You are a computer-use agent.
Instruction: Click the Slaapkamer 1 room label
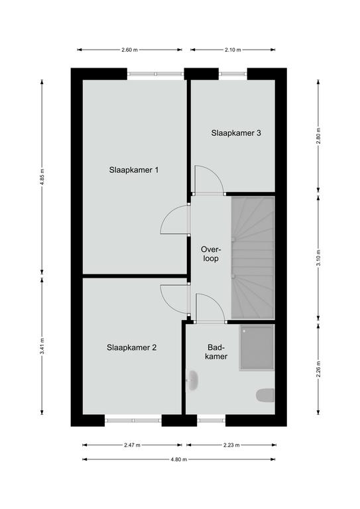[x=134, y=170]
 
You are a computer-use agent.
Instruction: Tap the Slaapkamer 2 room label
[x=131, y=348]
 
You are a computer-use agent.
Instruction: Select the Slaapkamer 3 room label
[x=236, y=133]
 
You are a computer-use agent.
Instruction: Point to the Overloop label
[x=211, y=254]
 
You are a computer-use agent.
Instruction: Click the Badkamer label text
[x=217, y=352]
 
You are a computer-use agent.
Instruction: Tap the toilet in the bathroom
[x=265, y=396]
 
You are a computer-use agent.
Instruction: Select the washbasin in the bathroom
[x=192, y=380]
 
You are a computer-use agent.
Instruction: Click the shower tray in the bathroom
[x=257, y=347]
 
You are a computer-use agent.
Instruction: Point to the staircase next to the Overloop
[x=253, y=258]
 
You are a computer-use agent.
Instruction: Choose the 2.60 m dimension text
[x=129, y=50]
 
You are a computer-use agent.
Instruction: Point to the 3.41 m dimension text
[x=42, y=347]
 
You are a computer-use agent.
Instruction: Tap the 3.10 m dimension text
[x=318, y=258]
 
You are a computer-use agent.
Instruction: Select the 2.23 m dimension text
[x=231, y=445]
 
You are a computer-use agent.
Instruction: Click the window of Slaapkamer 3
[x=233, y=74]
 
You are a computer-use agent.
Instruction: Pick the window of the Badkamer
[x=211, y=420]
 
